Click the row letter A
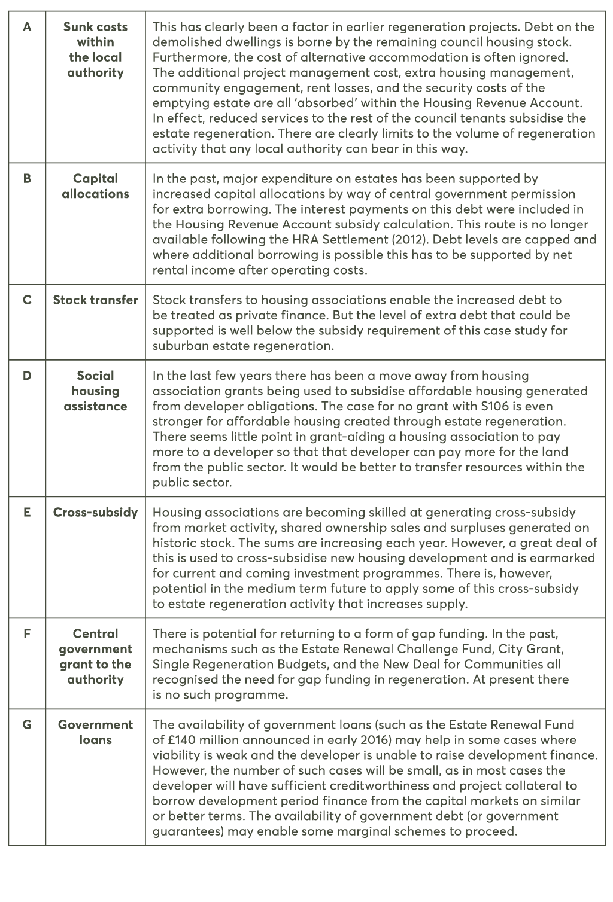point(27,27)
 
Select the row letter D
point(27,376)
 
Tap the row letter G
point(27,725)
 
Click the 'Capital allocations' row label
point(95,186)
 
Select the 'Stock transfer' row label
point(95,300)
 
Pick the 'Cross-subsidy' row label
point(95,513)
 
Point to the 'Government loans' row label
point(95,732)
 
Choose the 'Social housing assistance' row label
point(95,391)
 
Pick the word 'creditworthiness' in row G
point(371,785)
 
